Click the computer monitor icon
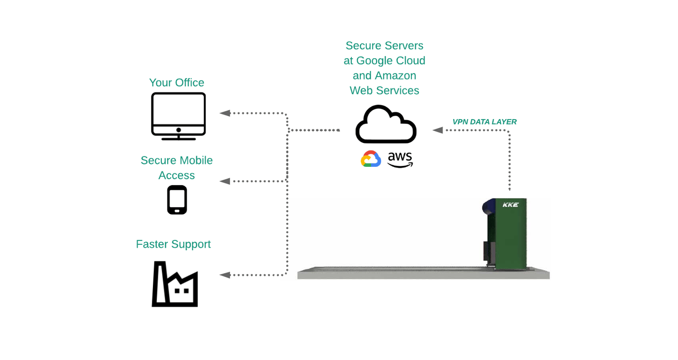pyautogui.click(x=178, y=115)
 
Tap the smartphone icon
pyautogui.click(x=177, y=200)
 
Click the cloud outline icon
pyautogui.click(x=386, y=125)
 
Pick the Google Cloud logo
pyautogui.click(x=371, y=159)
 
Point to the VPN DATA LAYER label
pyautogui.click(x=484, y=122)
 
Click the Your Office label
pyautogui.click(x=177, y=82)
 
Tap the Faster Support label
pyautogui.click(x=173, y=244)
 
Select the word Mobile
pyautogui.click(x=196, y=160)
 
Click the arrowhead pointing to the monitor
pyautogui.click(x=225, y=113)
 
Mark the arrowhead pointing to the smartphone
pyautogui.click(x=225, y=181)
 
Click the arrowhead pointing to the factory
pyautogui.click(x=225, y=275)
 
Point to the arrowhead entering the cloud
pyautogui.click(x=437, y=130)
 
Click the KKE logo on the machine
pyautogui.click(x=510, y=205)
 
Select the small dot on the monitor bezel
pyautogui.click(x=178, y=130)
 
